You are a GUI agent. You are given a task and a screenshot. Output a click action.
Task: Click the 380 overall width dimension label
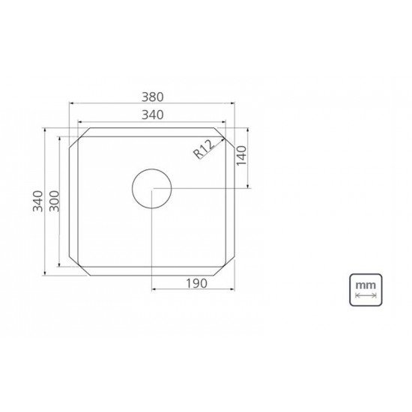pos(152,97)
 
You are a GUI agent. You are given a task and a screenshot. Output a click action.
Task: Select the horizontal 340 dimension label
pos(152,114)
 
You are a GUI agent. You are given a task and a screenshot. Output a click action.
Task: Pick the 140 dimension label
pos(242,158)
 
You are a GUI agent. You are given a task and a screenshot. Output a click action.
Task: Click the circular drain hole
pos(152,188)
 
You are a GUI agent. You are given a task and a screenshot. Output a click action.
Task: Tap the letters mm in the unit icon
pos(366,285)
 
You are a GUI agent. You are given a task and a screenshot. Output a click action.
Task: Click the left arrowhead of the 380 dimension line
pos(71,105)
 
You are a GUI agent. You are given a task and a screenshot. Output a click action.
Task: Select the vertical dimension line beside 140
pos(249,158)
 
